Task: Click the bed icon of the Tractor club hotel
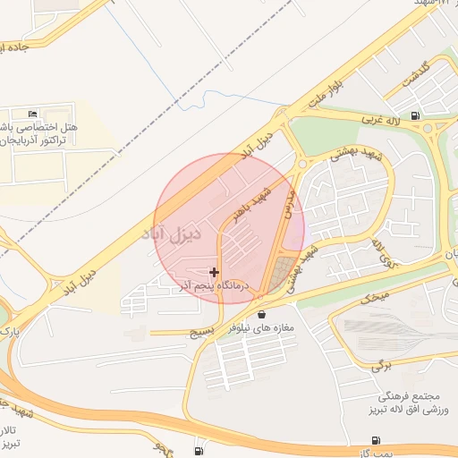(x=33, y=114)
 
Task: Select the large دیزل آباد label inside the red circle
(x=198, y=234)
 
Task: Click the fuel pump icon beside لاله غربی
(x=414, y=115)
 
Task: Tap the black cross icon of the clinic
(x=213, y=272)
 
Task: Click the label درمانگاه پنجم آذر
(x=217, y=285)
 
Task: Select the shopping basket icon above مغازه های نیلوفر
(x=261, y=314)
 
